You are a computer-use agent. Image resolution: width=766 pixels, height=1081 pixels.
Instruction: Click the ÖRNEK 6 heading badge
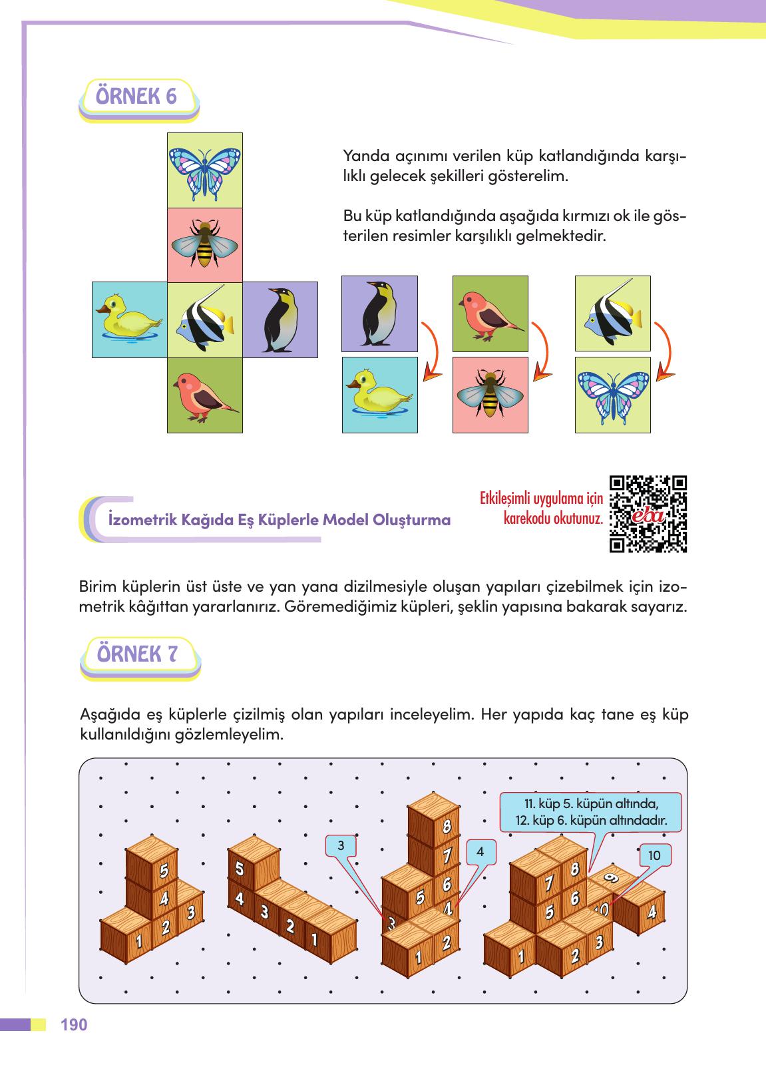click(x=138, y=97)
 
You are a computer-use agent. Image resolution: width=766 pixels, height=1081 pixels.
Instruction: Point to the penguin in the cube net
click(x=280, y=320)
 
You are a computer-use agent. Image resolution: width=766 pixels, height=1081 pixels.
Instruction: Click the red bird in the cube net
click(x=204, y=395)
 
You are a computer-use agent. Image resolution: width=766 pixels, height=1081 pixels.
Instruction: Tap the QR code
click(x=648, y=514)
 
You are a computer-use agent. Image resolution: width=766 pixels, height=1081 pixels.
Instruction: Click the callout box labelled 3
click(x=340, y=846)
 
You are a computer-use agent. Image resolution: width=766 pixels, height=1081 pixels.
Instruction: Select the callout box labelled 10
click(x=654, y=855)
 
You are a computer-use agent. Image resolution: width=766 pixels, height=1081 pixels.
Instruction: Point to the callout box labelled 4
click(x=480, y=851)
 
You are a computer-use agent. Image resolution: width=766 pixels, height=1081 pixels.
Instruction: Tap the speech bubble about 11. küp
click(x=591, y=811)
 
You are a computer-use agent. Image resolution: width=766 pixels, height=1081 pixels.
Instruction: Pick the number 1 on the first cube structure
click(x=138, y=941)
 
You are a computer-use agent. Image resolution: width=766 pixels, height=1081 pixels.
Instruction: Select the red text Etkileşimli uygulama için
click(x=540, y=499)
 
